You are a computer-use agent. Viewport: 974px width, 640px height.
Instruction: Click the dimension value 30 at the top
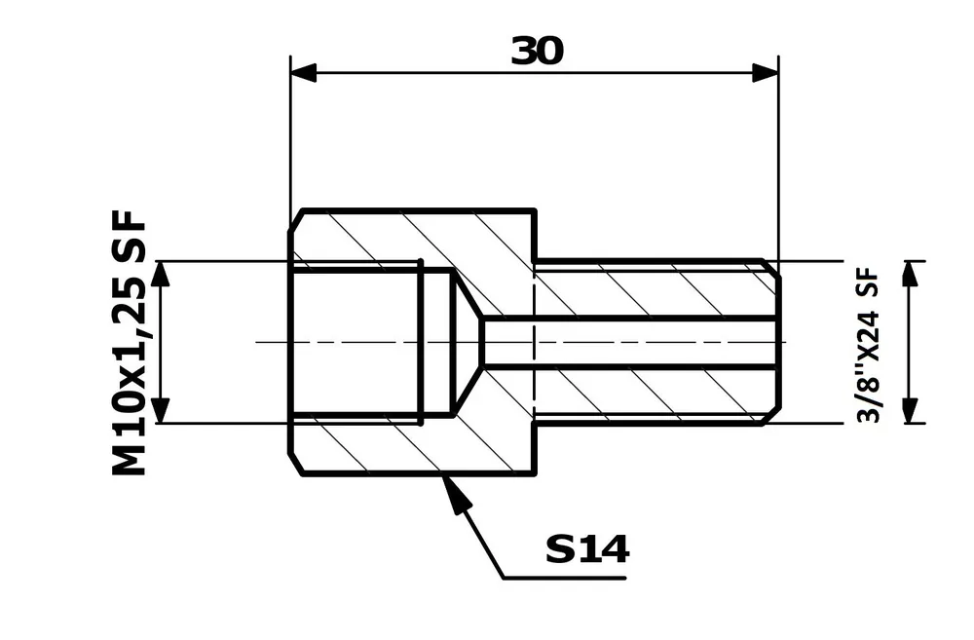point(537,52)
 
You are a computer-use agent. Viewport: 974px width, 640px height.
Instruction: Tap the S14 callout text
point(587,550)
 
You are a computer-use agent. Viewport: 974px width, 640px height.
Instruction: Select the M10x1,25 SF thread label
point(130,342)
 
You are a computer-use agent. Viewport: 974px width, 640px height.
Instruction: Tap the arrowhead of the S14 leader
point(454,490)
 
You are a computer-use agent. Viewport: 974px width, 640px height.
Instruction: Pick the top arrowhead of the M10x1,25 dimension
point(162,273)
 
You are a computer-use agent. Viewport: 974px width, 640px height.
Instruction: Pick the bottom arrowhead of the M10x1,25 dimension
point(162,411)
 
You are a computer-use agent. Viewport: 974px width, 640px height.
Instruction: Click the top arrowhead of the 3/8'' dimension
point(911,273)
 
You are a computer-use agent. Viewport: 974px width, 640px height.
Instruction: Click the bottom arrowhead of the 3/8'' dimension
point(911,411)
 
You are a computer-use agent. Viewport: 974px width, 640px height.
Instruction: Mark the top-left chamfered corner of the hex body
point(296,219)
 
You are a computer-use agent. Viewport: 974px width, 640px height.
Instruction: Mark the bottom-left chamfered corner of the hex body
point(296,465)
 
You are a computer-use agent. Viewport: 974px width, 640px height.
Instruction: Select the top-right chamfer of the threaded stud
point(770,269)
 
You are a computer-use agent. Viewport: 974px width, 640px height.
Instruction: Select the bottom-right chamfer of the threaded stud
point(770,415)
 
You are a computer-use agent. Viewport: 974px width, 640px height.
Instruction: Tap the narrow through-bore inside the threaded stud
point(633,342)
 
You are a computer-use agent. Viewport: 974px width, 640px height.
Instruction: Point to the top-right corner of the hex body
point(535,210)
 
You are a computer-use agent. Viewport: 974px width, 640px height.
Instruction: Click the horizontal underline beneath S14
point(565,579)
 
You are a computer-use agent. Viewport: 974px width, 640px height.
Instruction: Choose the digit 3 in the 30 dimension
point(524,52)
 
